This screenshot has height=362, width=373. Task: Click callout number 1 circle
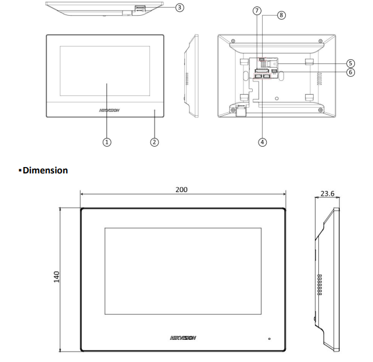coord(106,141)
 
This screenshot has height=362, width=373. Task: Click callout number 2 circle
coord(154,141)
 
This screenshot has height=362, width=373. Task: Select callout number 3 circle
coord(180,8)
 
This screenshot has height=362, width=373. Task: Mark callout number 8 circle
coord(282,15)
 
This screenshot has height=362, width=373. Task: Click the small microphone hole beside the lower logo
coord(269,338)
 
